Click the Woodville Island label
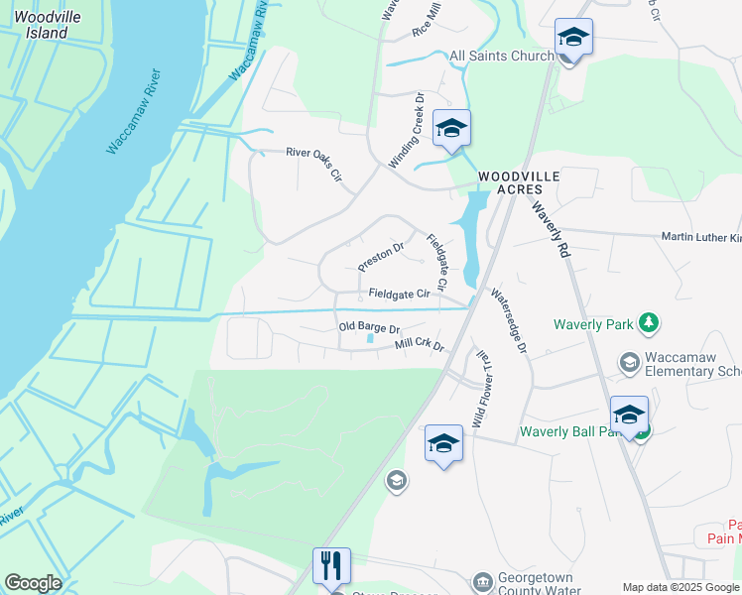tap(41, 25)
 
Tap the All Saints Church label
tap(502, 56)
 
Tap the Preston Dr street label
tap(381, 257)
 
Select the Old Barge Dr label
tap(368, 327)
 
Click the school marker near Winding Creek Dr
tap(451, 129)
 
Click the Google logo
tap(33, 583)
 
